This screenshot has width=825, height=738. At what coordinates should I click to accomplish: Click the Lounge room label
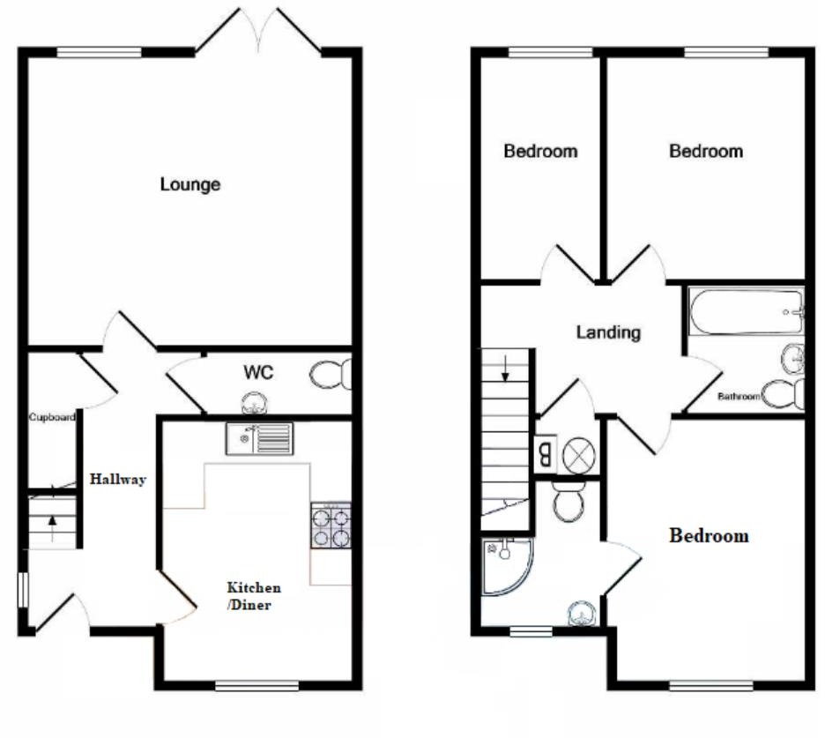190,185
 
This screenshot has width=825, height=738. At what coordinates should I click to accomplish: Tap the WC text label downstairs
258,373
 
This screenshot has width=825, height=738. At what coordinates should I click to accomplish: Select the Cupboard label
51,417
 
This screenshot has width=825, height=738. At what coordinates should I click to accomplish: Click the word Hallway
117,480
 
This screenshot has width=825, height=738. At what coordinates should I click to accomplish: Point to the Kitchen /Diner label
254,595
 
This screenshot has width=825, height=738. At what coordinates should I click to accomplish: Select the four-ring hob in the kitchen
331,527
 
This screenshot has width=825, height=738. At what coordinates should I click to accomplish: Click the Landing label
607,332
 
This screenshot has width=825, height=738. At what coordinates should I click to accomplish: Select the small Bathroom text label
738,397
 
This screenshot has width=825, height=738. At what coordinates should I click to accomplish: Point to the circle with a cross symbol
579,456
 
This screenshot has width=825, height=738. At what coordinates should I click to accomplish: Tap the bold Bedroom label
709,535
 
